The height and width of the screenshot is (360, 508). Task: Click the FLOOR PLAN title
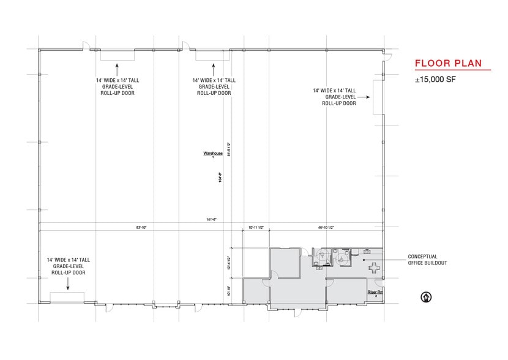[x=448, y=63]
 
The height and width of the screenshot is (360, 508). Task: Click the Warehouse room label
[x=213, y=153]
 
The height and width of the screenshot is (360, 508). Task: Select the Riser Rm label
[x=375, y=292]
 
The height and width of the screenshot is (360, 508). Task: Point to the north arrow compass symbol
[x=423, y=298]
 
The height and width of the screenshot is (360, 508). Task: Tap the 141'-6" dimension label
[x=212, y=219]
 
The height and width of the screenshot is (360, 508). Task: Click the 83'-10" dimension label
[x=141, y=227]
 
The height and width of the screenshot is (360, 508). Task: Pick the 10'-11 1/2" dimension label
[x=256, y=227]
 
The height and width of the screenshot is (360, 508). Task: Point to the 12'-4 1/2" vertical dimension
[x=228, y=263]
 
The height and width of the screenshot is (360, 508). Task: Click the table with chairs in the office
[x=372, y=264]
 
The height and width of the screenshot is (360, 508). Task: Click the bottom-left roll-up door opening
[x=67, y=297]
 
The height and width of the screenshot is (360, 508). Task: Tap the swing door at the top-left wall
[x=87, y=47]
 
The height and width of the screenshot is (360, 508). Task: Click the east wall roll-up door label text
[x=339, y=97]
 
